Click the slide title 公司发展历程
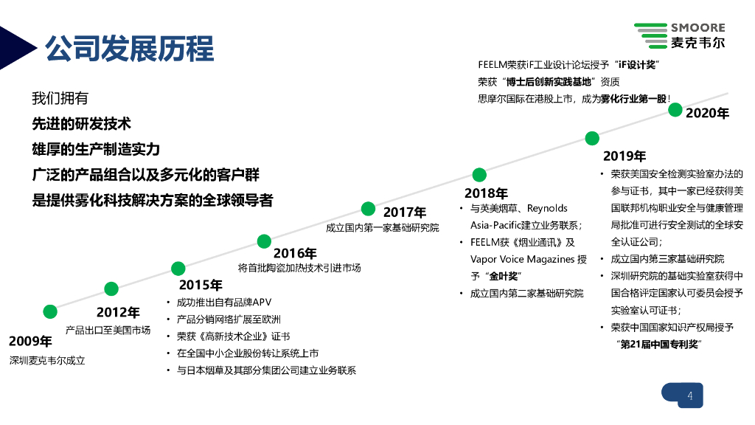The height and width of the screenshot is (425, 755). point(129,49)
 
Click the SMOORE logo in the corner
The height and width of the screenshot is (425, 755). point(679,35)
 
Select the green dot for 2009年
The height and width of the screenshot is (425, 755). point(50,311)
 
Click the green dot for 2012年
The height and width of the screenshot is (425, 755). point(111,288)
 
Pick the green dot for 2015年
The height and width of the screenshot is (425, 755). point(178,269)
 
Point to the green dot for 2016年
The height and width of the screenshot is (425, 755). point(264,241)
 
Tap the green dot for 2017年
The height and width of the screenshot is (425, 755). point(368,207)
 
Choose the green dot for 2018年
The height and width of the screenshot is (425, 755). point(479,175)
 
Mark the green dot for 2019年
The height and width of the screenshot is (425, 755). point(591,138)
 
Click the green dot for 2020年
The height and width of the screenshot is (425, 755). point(675,110)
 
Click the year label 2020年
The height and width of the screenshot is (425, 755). point(707,114)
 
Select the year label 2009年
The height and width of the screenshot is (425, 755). point(30,341)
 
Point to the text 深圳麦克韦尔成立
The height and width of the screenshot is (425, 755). point(47,361)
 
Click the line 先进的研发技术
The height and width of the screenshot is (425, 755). point(81,124)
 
